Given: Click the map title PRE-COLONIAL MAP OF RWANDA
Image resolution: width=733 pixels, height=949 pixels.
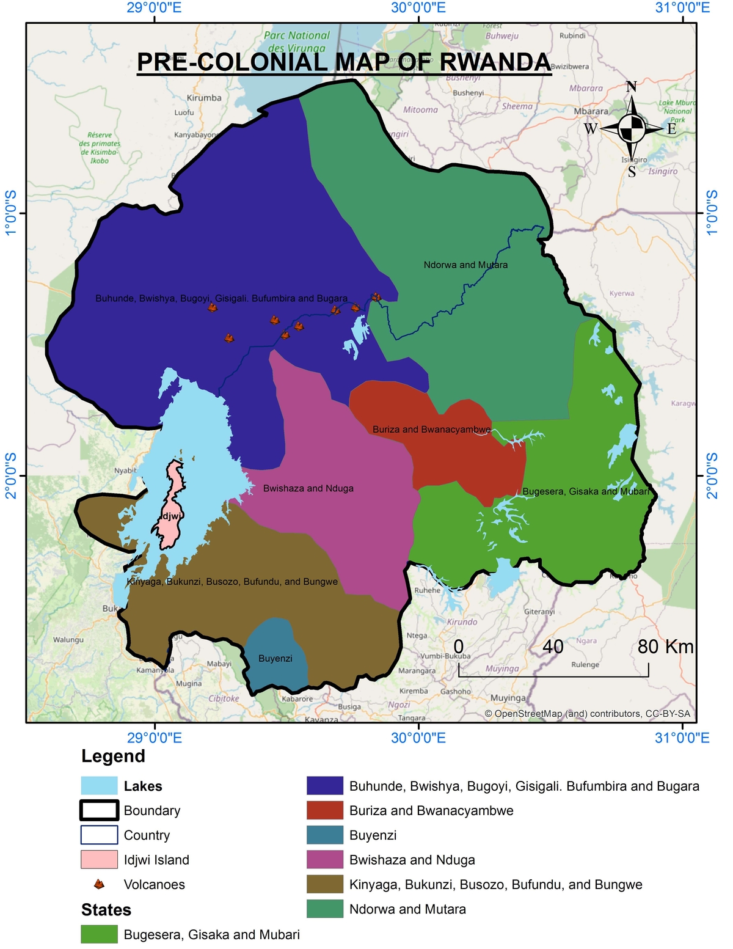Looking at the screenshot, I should click(x=343, y=62).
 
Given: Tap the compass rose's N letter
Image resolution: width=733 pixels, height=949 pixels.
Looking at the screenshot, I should click(x=631, y=87).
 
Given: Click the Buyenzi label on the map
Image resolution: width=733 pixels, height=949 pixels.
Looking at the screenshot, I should click(x=275, y=658).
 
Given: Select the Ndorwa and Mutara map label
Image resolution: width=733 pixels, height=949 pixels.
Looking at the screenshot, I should click(x=465, y=265).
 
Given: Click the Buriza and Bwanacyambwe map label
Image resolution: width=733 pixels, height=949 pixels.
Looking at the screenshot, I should click(x=431, y=429).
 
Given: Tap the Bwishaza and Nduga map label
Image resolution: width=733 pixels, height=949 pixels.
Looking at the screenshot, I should click(x=308, y=488).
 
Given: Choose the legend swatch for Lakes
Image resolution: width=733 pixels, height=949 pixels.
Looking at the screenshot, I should click(x=99, y=786).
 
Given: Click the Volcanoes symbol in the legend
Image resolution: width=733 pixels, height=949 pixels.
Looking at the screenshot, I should click(x=99, y=884).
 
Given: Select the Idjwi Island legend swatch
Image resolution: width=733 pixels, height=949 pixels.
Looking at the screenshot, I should click(x=99, y=859).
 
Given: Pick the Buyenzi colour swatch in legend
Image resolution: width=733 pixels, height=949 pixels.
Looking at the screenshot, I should click(x=324, y=835).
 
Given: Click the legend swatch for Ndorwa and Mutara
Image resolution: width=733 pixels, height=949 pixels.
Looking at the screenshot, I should click(x=324, y=909).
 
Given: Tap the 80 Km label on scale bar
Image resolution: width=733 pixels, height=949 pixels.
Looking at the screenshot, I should click(x=665, y=647).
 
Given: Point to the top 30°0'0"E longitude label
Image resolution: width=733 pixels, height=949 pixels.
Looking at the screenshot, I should click(x=418, y=8).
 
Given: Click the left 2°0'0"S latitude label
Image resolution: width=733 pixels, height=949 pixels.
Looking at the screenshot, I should click(x=11, y=475).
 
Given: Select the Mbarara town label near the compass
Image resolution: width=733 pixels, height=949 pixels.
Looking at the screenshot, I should click(x=591, y=111).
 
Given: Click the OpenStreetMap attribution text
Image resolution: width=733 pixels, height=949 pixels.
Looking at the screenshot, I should click(x=587, y=713).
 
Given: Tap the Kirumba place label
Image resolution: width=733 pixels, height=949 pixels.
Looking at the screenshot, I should click(x=204, y=98).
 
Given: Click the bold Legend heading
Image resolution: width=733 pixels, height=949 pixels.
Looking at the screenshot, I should click(x=113, y=756).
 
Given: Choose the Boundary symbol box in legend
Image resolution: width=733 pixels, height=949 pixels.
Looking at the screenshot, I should click(x=99, y=810).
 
